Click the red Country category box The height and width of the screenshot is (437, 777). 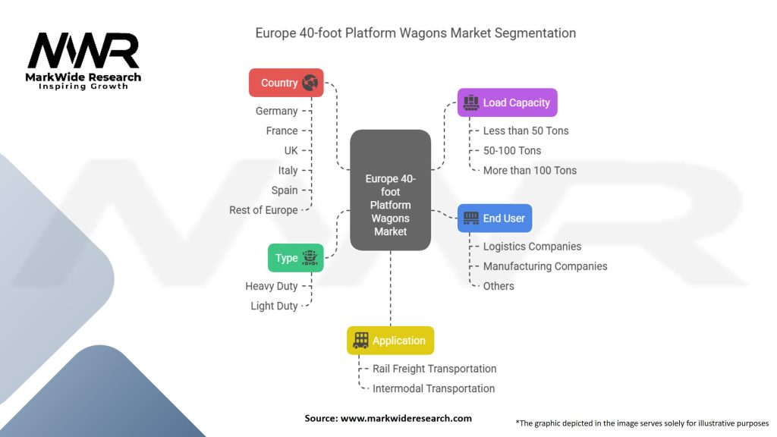pyautogui.click(x=286, y=83)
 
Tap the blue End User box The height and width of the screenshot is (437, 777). pyautogui.click(x=495, y=218)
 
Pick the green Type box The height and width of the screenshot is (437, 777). pyautogui.click(x=296, y=258)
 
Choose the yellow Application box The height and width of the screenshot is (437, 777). pyautogui.click(x=390, y=341)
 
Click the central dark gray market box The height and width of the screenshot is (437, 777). pyautogui.click(x=390, y=190)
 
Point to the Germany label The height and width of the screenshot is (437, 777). pyautogui.click(x=276, y=111)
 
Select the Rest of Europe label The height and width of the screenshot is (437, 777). pyautogui.click(x=263, y=210)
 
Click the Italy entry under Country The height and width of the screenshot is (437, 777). pyautogui.click(x=288, y=171)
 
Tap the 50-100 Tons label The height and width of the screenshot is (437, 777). pyautogui.click(x=512, y=150)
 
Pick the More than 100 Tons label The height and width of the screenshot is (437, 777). pyautogui.click(x=530, y=170)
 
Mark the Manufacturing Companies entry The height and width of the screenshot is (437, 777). pyautogui.click(x=545, y=266)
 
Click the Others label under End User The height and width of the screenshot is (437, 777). pyautogui.click(x=499, y=286)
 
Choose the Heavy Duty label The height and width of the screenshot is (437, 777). pyautogui.click(x=271, y=286)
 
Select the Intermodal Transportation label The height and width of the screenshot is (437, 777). pyautogui.click(x=433, y=388)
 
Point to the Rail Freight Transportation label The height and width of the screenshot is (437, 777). pyautogui.click(x=434, y=369)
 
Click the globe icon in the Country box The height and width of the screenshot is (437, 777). pyautogui.click(x=310, y=83)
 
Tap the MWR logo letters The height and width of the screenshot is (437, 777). pyautogui.click(x=83, y=51)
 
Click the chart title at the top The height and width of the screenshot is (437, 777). pyautogui.click(x=415, y=33)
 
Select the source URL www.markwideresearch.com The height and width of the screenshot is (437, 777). pyautogui.click(x=406, y=418)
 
